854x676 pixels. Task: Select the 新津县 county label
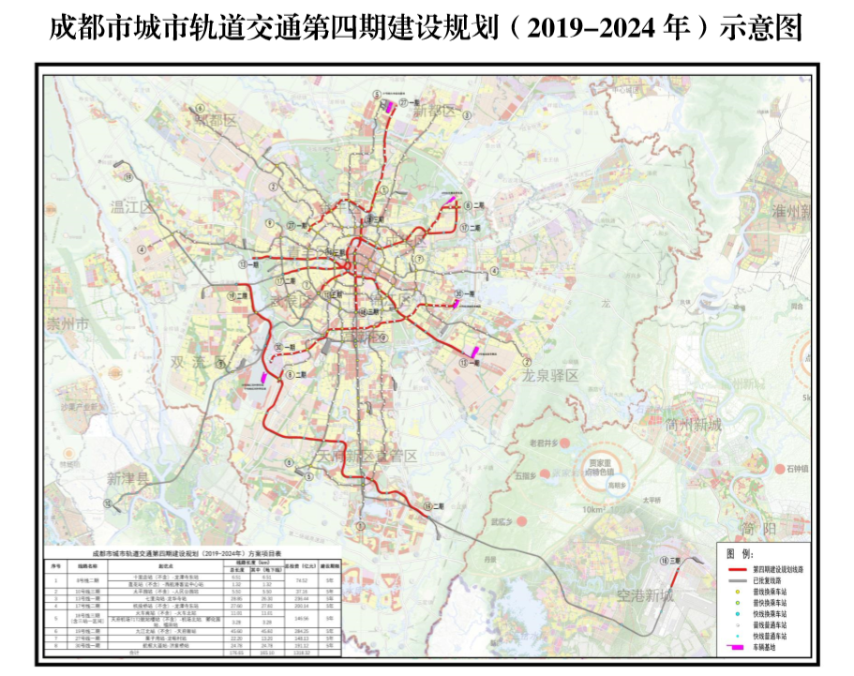pyautogui.click(x=127, y=478)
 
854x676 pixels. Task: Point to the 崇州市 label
pyautogui.click(x=67, y=324)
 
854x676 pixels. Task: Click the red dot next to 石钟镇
pyautogui.click(x=781, y=468)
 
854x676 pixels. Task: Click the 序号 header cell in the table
pyautogui.click(x=55, y=566)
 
